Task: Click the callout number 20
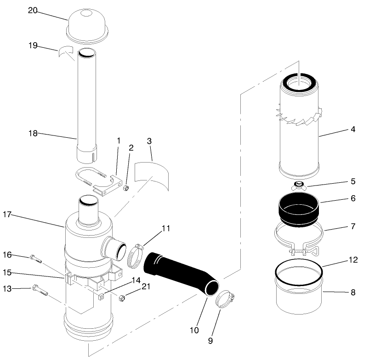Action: (33, 11)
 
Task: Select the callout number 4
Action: (352, 129)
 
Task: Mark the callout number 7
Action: (352, 227)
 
